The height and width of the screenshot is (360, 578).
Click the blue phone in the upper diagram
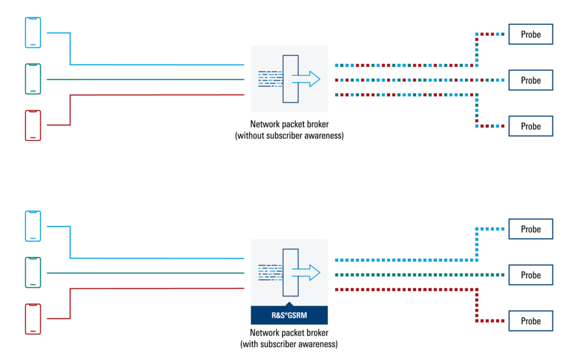33,33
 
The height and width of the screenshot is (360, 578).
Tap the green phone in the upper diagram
33,79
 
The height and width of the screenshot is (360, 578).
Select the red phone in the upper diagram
33,125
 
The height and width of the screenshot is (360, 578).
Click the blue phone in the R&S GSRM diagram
33,226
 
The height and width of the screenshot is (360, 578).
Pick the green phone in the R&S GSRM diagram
33,273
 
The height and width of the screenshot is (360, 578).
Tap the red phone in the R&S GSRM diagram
33,319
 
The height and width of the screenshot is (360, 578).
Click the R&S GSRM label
290,316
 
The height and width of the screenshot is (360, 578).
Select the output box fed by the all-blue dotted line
530,229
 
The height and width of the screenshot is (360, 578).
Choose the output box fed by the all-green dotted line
530,275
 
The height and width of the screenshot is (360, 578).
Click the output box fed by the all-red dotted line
530,321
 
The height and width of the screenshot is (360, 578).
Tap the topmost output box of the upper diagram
530,34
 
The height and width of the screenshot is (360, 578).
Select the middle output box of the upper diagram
530,80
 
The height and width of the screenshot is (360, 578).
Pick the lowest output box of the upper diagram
530,126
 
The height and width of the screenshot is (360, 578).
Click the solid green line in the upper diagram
146,79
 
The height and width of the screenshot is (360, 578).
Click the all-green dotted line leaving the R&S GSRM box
408,274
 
